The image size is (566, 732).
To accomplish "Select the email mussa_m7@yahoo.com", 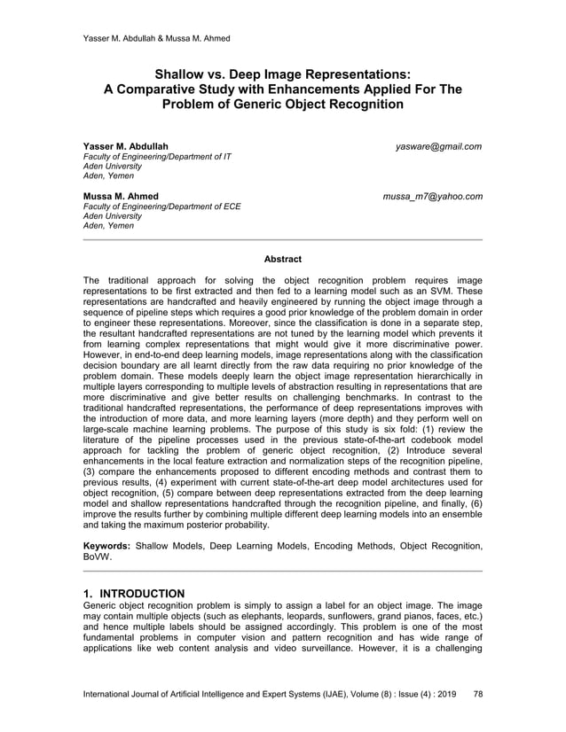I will tap(432, 196).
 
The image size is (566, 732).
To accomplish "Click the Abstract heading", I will tap(283, 259).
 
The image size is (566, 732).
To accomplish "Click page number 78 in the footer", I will tap(479, 693).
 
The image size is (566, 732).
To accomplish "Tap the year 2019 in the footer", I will tap(444, 693).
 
